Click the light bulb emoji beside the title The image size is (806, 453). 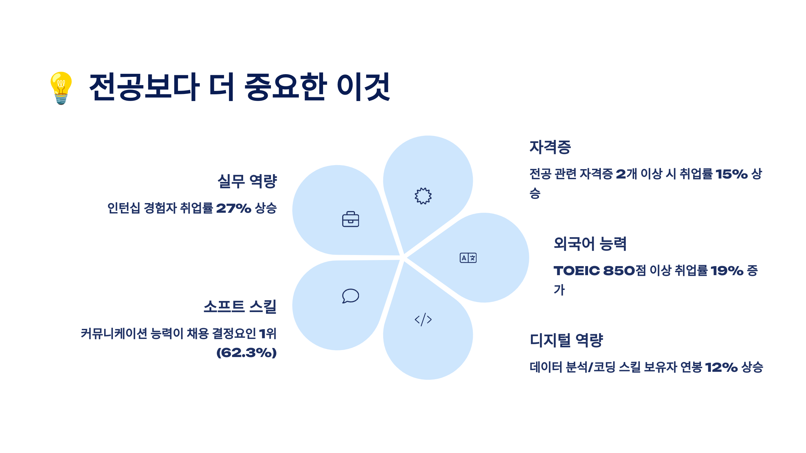(x=61, y=88)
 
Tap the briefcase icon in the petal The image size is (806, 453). (x=351, y=219)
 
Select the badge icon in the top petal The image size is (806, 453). (x=423, y=196)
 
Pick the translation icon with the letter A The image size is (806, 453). (x=468, y=258)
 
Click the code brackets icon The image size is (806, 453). (x=423, y=319)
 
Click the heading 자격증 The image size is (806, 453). (x=550, y=147)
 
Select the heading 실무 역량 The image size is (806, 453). (x=247, y=182)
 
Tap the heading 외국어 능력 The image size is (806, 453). (x=590, y=244)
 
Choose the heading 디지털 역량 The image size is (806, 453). (x=567, y=340)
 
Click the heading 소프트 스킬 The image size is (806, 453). (x=240, y=307)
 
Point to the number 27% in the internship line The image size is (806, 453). (x=234, y=208)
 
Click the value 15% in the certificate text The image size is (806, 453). (x=731, y=174)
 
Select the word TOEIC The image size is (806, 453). (x=577, y=271)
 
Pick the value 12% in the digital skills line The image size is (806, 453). (x=721, y=367)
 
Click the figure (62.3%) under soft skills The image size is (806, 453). (x=247, y=353)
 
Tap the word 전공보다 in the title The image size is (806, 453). (x=144, y=87)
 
